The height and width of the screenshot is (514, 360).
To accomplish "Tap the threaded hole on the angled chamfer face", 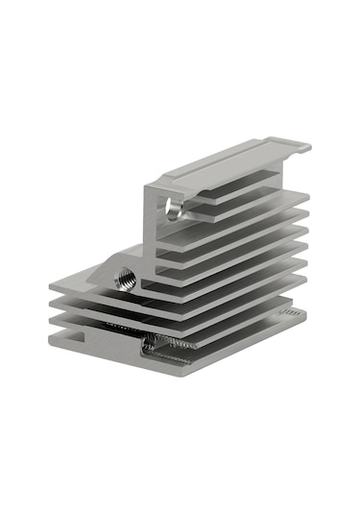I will [x=125, y=278].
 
